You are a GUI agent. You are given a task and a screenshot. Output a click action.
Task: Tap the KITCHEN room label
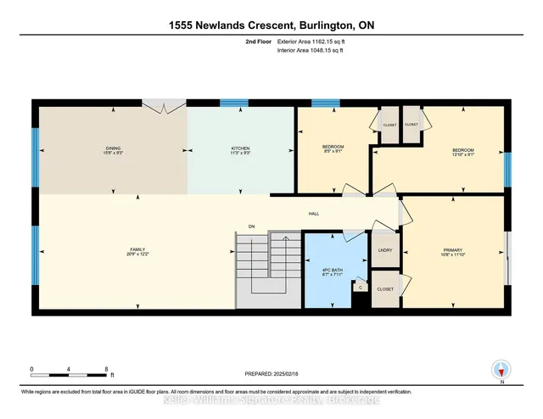coord(241,150)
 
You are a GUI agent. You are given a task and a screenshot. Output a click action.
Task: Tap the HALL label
coord(314,214)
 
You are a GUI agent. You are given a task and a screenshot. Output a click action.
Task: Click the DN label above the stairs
coord(251,226)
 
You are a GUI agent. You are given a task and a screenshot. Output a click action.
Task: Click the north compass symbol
coord(501,371)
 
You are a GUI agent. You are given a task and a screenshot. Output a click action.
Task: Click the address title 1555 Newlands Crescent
coord(271,25)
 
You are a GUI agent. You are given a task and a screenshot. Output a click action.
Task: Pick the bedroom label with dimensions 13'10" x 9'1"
coord(462,153)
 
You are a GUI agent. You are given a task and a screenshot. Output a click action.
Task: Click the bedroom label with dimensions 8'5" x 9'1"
coord(333,150)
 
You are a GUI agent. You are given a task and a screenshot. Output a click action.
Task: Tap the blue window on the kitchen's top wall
coord(233,103)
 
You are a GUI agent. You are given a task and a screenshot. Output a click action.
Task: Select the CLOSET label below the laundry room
coord(384,288)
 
